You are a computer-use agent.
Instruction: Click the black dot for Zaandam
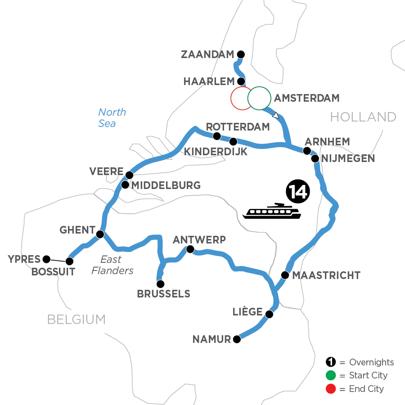tap(240, 54)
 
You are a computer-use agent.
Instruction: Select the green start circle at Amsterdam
tap(259, 98)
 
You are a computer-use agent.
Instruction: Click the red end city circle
tap(241, 98)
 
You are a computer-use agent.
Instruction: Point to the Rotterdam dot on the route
tap(216, 136)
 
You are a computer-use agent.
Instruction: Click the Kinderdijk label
tap(216, 152)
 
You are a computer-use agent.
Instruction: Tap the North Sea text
tap(112, 117)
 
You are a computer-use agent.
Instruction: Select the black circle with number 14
tap(297, 192)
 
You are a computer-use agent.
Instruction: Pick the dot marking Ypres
tap(45, 259)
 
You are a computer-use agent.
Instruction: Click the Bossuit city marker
tap(69, 261)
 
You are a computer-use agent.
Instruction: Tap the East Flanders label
tap(111, 265)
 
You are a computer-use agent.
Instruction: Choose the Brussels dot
tap(160, 284)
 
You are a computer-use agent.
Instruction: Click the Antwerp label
tap(199, 239)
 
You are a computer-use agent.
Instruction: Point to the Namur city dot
tap(237, 340)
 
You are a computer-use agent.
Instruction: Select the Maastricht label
tap(326, 275)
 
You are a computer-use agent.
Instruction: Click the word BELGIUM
tap(76, 319)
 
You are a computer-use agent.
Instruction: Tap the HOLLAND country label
tap(363, 117)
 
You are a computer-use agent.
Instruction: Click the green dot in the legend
tap(330, 375)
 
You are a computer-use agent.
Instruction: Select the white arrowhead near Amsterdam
tap(276, 116)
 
